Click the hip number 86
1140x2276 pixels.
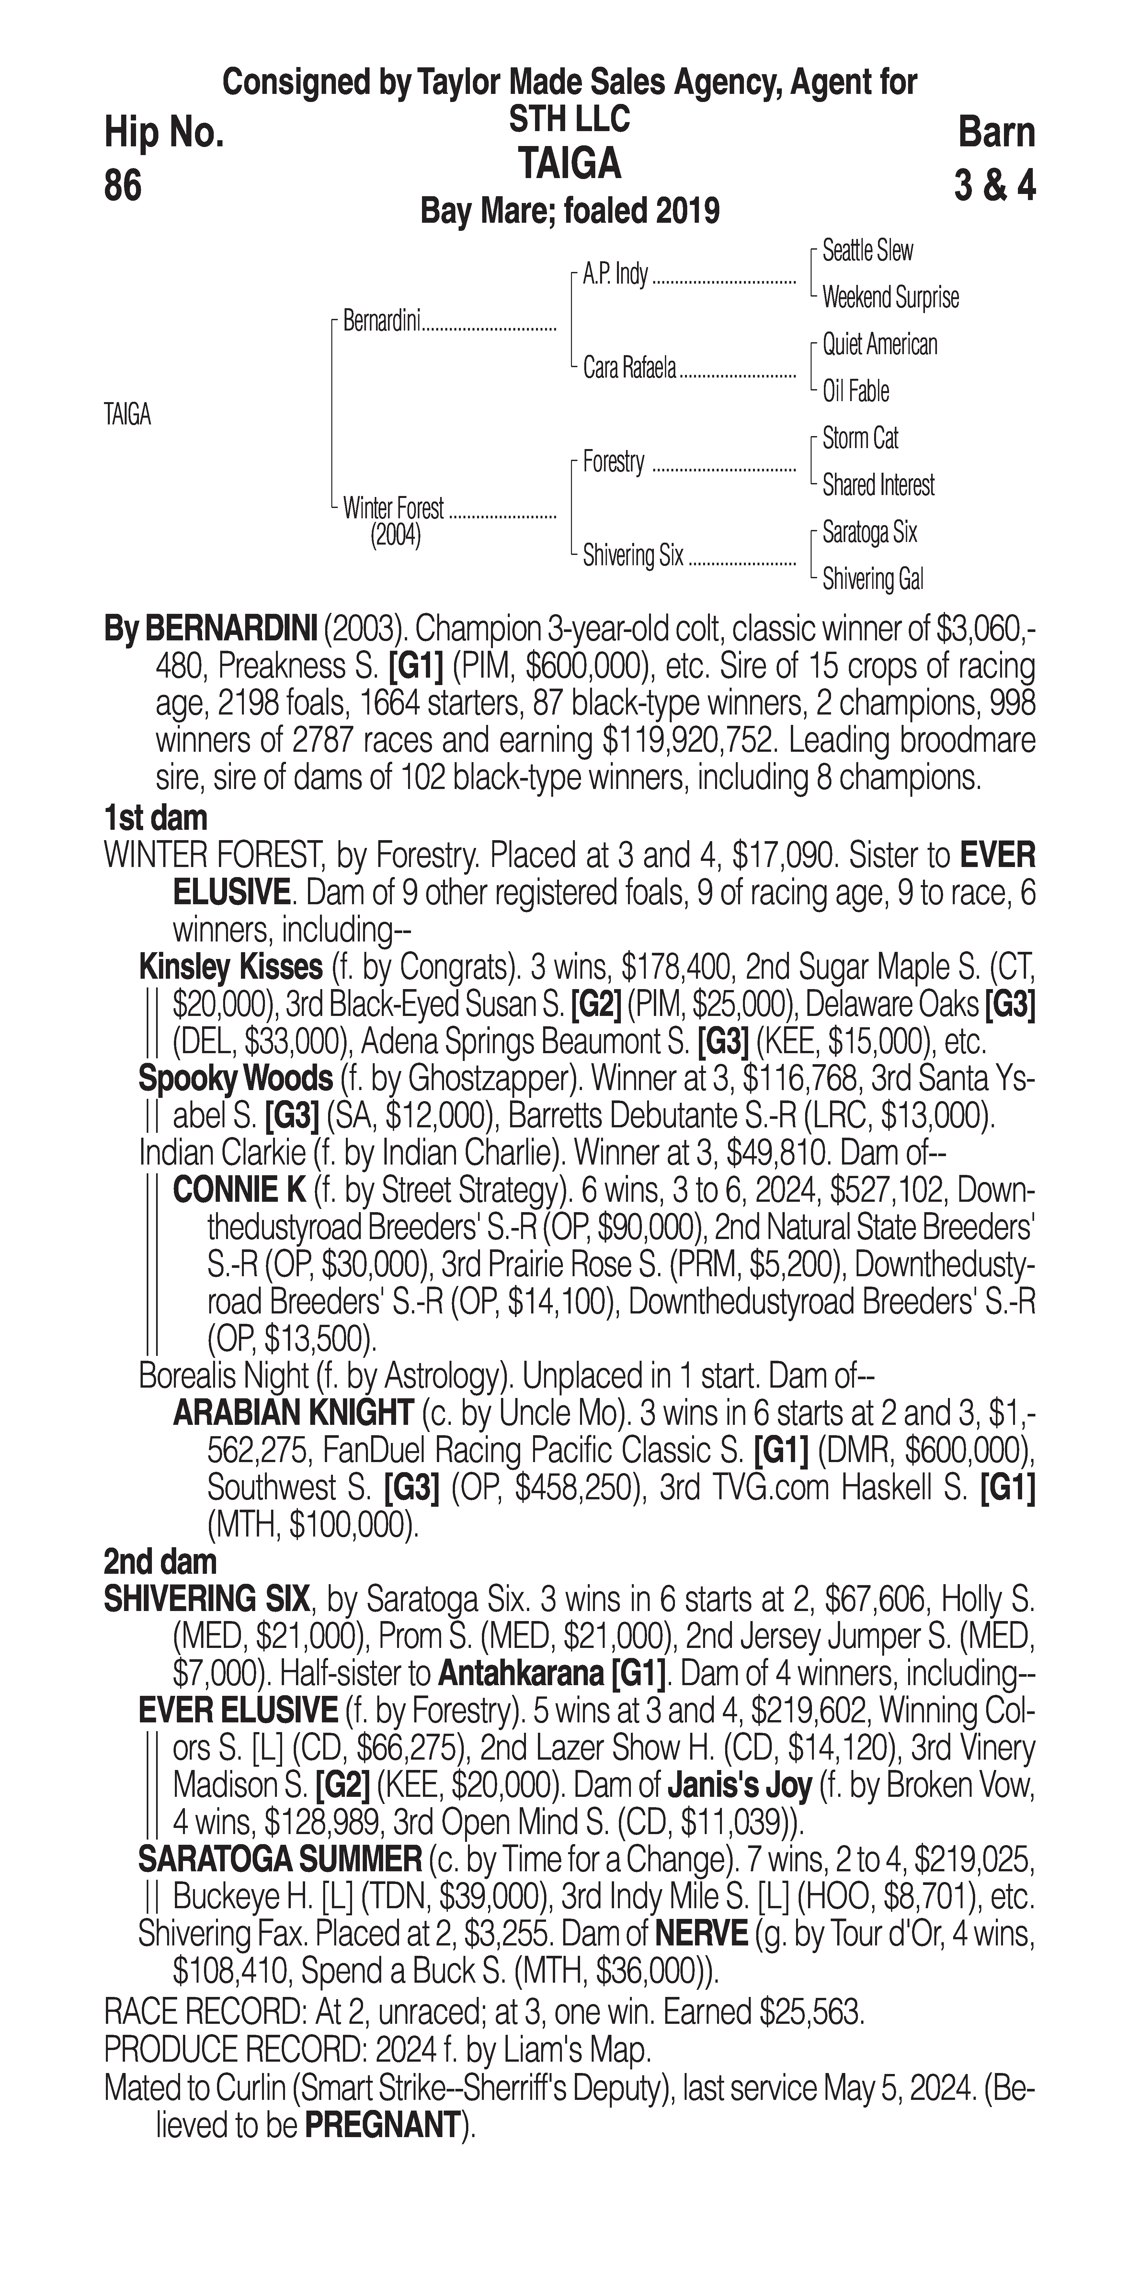[123, 186]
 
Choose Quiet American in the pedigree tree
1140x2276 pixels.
[879, 344]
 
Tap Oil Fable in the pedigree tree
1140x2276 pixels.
[855, 391]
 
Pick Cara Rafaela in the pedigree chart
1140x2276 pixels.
[629, 367]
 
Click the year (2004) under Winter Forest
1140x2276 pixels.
[395, 535]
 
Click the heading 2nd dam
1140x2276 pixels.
[160, 1562]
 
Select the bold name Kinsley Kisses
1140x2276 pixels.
[231, 967]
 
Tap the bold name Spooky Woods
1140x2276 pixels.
[235, 1079]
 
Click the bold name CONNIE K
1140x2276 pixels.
[239, 1191]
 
